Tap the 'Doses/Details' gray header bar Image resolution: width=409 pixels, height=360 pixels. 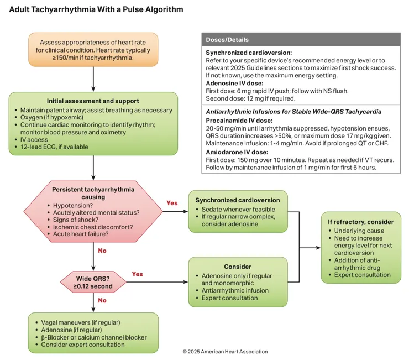tap(301, 40)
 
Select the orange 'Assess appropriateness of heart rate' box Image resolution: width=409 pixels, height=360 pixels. tap(93, 50)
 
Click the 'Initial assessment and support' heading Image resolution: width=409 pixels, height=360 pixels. tap(93, 101)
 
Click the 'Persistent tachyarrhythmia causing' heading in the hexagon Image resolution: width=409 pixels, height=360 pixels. tap(93, 193)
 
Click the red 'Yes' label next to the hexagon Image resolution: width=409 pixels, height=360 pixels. tap(172, 203)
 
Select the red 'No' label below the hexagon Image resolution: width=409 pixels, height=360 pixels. tap(102, 251)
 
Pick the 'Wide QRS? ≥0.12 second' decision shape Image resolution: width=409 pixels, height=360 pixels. tap(93, 282)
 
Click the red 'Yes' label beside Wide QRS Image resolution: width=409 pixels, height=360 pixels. tap(137, 274)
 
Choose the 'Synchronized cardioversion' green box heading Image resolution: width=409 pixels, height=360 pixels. tap(238, 200)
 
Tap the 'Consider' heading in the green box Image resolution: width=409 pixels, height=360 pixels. tap(238, 267)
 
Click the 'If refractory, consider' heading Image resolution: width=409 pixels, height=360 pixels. tap(360, 222)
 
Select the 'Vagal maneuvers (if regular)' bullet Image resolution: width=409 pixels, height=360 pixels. tap(80, 322)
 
